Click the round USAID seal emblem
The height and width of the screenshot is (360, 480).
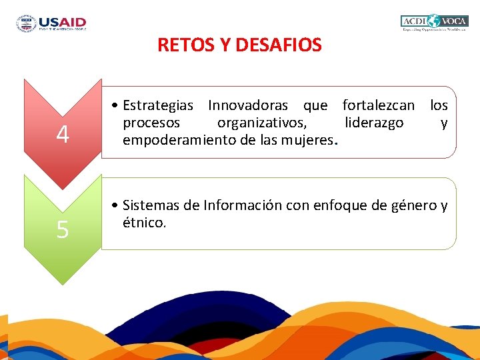27,23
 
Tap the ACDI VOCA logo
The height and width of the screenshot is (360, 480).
435,23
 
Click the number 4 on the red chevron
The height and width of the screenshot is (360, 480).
62,135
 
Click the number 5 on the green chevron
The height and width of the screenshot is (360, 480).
62,230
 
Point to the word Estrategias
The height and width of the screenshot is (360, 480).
158,105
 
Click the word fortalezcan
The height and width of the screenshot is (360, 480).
378,105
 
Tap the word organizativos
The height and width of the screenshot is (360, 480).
262,123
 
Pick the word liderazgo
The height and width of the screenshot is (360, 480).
374,123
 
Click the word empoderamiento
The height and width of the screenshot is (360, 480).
175,140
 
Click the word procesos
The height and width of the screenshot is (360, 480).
151,123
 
